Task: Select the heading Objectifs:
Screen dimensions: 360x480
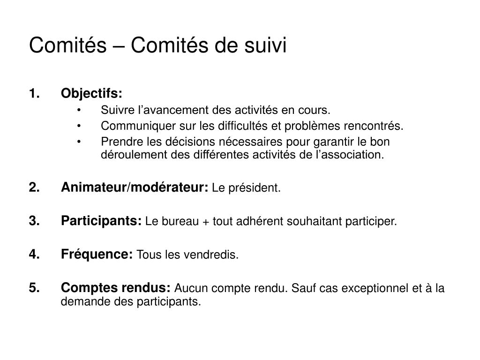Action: [91, 94]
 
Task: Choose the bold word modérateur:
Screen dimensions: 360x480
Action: [170, 187]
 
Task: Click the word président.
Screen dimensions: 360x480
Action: [255, 188]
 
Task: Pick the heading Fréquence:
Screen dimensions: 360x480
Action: [97, 255]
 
